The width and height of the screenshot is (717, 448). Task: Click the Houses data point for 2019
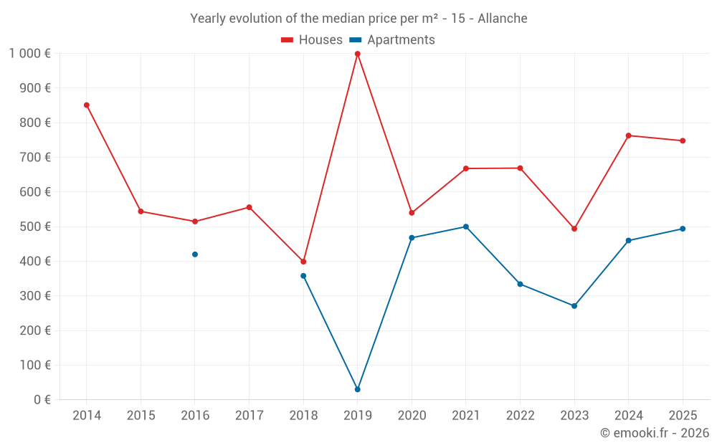pos(357,54)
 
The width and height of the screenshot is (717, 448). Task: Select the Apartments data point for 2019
pos(357,389)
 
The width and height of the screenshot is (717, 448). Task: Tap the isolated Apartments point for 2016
pos(195,254)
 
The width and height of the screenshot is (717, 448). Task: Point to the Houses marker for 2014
pos(87,105)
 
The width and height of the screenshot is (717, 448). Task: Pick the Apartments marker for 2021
pos(466,227)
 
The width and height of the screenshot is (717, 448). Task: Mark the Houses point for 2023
pos(574,229)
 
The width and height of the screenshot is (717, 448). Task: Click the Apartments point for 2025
pos(683,229)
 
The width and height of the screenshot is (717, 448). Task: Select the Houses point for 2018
pos(303,262)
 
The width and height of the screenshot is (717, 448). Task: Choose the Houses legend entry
pos(312,40)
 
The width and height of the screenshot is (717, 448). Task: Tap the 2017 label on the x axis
pos(249,416)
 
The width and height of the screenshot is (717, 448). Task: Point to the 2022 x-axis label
pos(520,416)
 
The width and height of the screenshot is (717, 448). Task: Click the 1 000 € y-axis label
pos(29,54)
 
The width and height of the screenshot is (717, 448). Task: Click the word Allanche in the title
pos(503,19)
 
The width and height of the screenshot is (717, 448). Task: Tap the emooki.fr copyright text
pos(655,433)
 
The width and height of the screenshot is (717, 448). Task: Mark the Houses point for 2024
pos(629,135)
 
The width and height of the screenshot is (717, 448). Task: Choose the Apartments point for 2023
pos(574,306)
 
